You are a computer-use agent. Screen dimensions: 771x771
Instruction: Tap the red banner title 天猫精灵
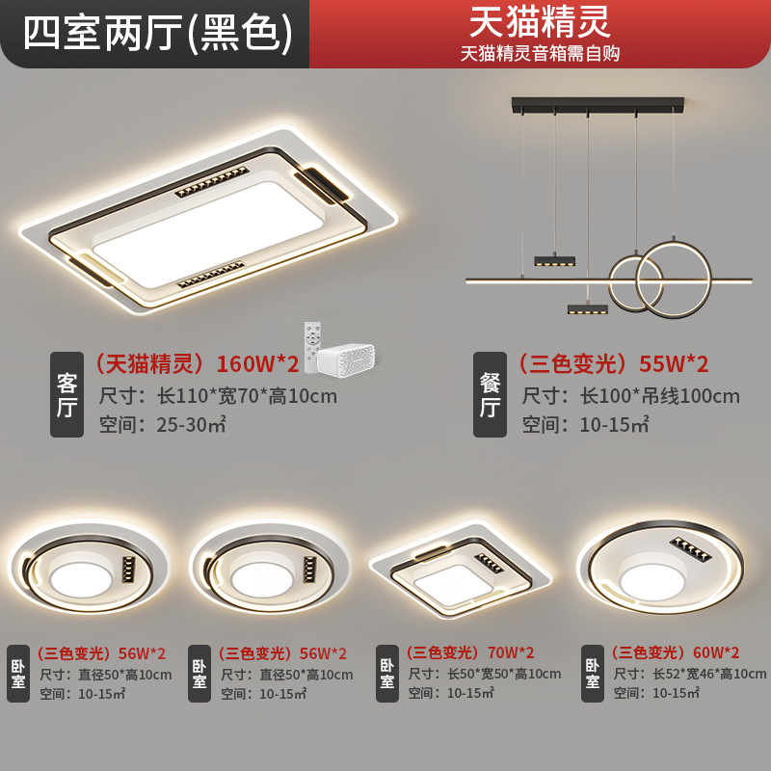click(540, 21)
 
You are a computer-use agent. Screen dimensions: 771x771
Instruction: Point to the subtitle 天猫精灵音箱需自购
click(540, 54)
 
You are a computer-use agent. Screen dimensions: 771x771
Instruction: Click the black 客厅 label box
click(66, 394)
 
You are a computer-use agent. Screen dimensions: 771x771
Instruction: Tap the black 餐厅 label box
click(490, 394)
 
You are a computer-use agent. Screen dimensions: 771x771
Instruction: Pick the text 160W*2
click(257, 363)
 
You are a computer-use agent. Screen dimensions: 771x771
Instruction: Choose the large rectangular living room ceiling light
click(208, 221)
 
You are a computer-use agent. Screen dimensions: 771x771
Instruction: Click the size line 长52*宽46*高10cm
click(690, 674)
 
